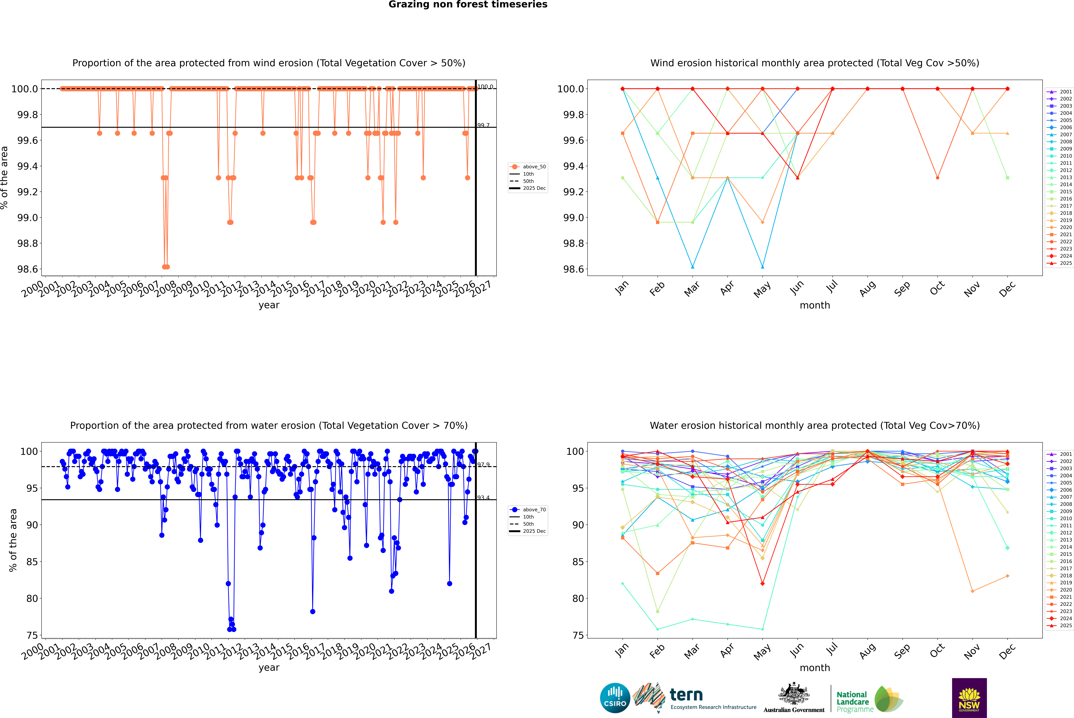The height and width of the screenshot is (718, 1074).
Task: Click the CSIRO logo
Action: click(615, 698)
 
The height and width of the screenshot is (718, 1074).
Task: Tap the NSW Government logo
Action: click(969, 698)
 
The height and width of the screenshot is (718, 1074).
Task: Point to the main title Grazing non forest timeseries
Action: click(468, 5)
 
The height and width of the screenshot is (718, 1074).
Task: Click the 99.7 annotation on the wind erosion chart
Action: click(483, 125)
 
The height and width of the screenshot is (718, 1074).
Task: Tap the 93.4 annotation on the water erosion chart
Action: click(483, 498)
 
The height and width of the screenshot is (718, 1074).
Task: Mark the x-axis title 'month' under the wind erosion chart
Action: click(814, 305)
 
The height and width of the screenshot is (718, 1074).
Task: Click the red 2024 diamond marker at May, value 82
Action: click(762, 583)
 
